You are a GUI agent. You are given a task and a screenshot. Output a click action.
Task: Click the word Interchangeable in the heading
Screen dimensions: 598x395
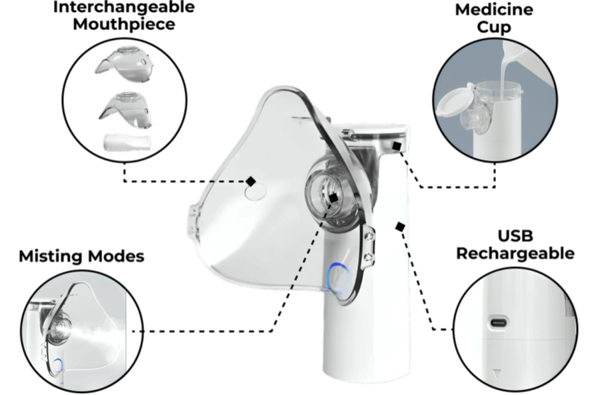pyautogui.click(x=124, y=7)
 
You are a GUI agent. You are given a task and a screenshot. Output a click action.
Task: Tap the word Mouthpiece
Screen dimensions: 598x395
pyautogui.click(x=124, y=24)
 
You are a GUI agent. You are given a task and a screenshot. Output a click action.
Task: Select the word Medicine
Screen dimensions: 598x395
pyautogui.click(x=494, y=9)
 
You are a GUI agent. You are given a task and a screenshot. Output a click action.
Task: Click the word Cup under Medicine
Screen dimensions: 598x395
pyautogui.click(x=494, y=27)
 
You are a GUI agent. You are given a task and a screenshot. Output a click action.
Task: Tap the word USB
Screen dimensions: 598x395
pyautogui.click(x=515, y=236)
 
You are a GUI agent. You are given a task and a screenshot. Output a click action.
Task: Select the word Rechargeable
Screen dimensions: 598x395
pyautogui.click(x=515, y=254)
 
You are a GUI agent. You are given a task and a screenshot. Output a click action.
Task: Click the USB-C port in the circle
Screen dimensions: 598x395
pyautogui.click(x=499, y=323)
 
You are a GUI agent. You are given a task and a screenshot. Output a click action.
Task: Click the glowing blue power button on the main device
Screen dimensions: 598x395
pyautogui.click(x=338, y=279)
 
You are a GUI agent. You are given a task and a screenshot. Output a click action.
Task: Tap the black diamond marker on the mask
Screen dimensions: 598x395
pyautogui.click(x=251, y=181)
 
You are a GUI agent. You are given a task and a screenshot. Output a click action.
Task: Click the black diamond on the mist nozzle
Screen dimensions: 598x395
pyautogui.click(x=333, y=198)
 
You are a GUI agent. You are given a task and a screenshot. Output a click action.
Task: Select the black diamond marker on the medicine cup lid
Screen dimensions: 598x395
pyautogui.click(x=397, y=146)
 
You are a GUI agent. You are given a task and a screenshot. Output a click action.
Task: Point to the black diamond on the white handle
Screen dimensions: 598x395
pyautogui.click(x=400, y=227)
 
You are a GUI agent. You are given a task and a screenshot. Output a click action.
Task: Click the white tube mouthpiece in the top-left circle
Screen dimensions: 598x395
pyautogui.click(x=127, y=141)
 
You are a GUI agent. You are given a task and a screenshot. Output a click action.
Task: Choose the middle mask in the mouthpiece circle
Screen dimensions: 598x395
pyautogui.click(x=126, y=108)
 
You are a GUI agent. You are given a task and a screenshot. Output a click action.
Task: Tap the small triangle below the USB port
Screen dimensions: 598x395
pyautogui.click(x=496, y=374)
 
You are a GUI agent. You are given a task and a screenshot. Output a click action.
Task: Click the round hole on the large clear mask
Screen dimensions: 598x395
pyautogui.click(x=255, y=191)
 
